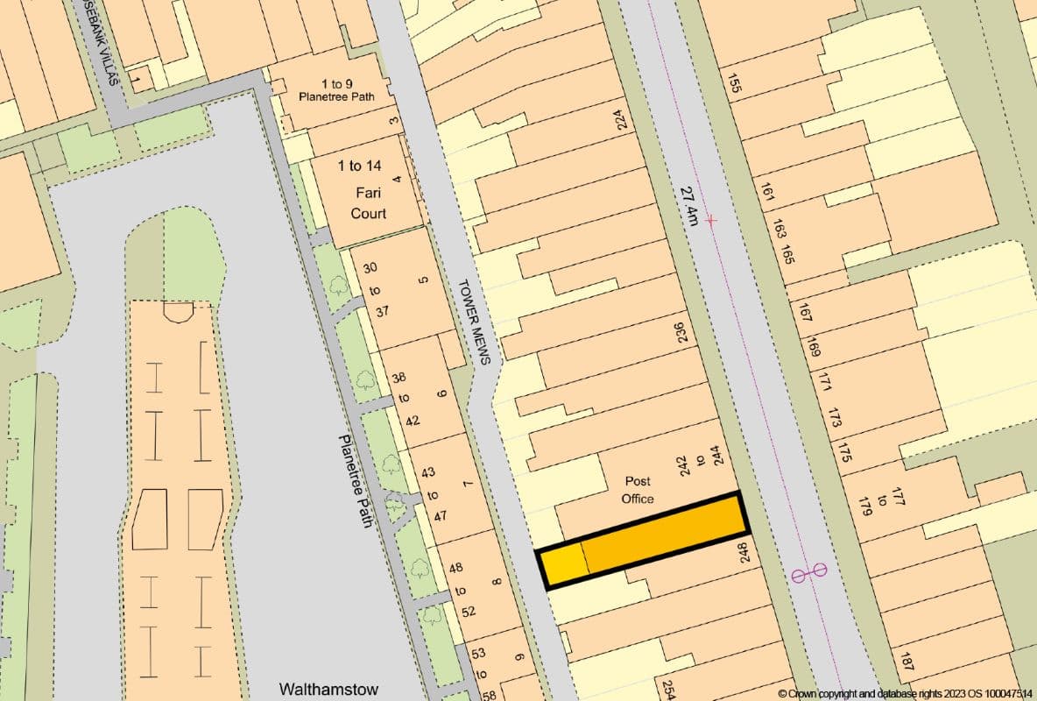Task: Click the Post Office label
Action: (637, 490)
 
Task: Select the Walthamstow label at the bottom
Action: (328, 689)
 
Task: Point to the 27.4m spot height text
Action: (688, 205)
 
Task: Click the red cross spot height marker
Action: (710, 220)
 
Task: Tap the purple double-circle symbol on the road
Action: (808, 574)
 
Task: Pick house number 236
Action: (681, 331)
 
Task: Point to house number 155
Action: (735, 83)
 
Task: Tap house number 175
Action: (844, 452)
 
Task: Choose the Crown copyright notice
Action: (905, 693)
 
